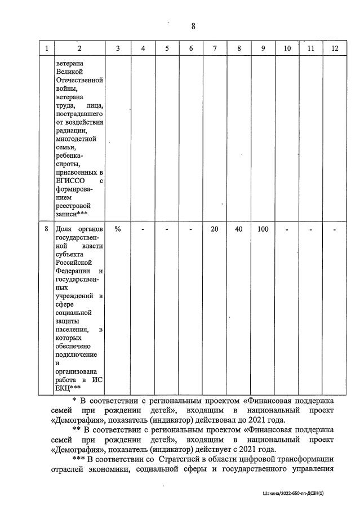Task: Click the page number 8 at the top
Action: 193,26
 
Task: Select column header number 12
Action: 335,48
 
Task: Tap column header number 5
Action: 167,48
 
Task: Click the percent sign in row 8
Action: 118,229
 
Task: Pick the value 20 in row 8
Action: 214,229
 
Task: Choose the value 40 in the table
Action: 239,229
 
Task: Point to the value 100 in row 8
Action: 263,229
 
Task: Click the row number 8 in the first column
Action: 46,229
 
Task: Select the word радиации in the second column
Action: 71,131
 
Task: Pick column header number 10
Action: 287,48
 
